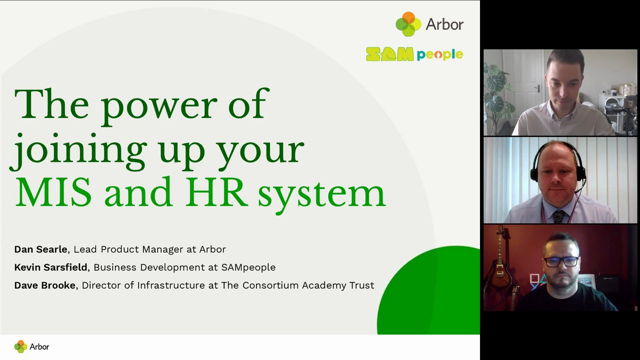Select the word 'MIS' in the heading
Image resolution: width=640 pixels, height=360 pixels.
(53, 192)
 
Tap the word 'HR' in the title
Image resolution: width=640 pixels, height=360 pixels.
(216, 192)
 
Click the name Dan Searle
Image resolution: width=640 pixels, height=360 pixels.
(40, 249)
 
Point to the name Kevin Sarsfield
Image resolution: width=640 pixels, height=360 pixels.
(50, 267)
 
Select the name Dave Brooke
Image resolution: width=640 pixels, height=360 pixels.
(45, 285)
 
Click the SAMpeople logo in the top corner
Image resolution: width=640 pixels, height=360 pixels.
(414, 54)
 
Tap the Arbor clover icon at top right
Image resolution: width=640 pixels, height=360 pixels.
(408, 24)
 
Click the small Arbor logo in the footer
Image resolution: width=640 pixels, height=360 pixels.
(31, 346)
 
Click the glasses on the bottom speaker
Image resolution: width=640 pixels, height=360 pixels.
(561, 262)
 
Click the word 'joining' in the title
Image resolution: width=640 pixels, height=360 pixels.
(78, 151)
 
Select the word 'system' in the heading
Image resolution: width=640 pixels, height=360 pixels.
(321, 195)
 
